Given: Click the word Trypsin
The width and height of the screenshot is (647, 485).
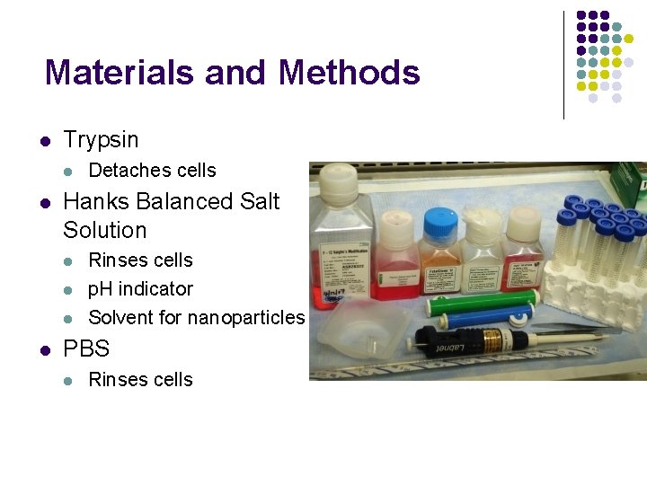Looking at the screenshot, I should tap(101, 140).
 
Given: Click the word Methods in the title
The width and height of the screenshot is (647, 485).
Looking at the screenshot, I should tap(350, 72).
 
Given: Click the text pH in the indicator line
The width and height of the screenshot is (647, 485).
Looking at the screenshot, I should tap(100, 289).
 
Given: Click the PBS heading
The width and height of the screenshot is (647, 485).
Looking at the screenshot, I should tap(86, 348).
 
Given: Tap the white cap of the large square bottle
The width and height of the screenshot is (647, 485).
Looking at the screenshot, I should tap(338, 182).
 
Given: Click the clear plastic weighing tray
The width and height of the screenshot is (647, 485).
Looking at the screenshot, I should tap(360, 331).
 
